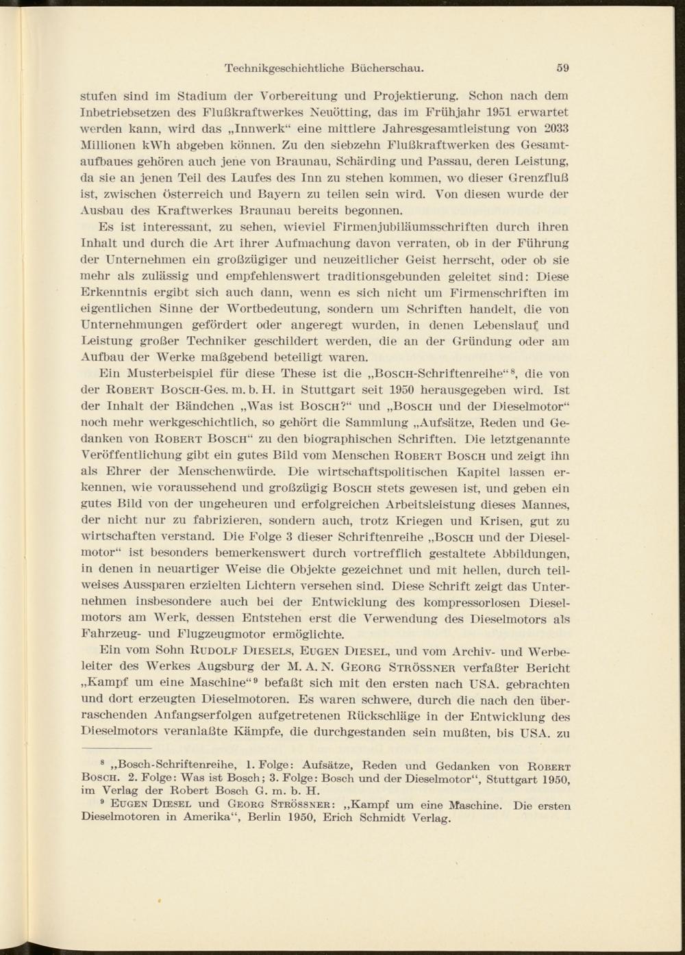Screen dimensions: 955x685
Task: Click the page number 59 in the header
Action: pos(564,68)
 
